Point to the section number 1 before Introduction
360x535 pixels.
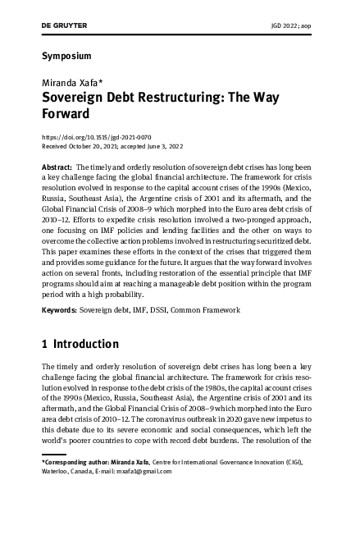44,344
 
